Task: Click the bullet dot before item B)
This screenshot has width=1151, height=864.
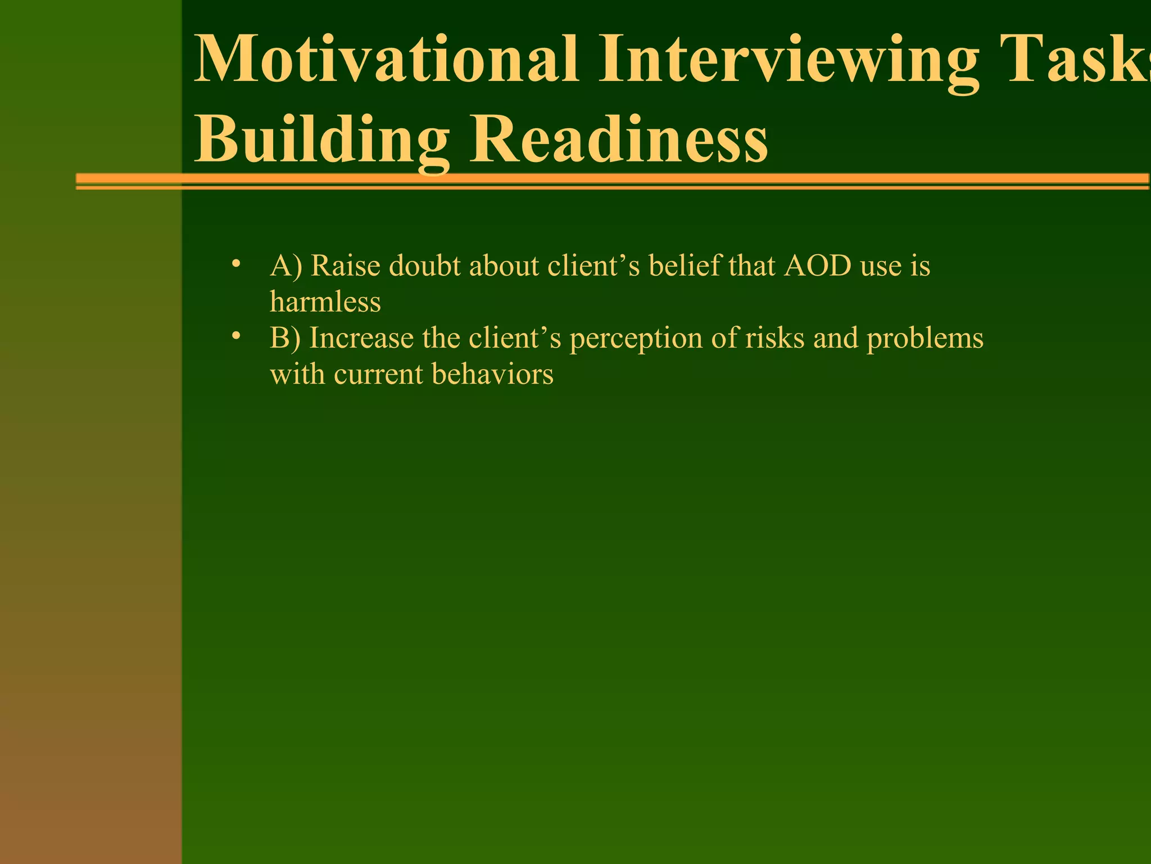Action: pos(236,336)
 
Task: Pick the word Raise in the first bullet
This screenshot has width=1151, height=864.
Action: pos(345,265)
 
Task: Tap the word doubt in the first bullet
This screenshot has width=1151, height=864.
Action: pos(424,265)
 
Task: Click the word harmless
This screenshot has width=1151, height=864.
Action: pos(325,301)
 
